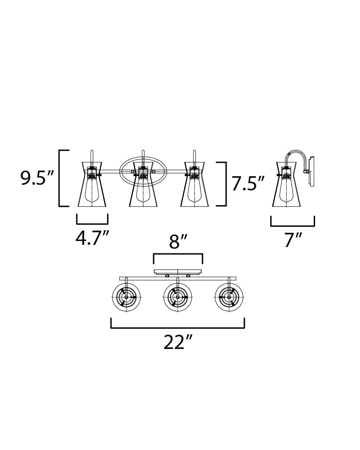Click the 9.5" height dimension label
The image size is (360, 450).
(x=37, y=178)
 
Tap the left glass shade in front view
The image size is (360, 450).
(x=92, y=184)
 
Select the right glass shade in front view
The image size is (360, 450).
(x=195, y=184)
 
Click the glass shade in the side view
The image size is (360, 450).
(x=286, y=184)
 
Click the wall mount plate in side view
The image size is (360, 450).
(x=312, y=171)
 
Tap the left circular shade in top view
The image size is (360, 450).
(x=126, y=297)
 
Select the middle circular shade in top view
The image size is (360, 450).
(x=178, y=297)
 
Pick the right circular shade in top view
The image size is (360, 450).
(x=229, y=297)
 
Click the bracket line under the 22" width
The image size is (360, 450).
(x=177, y=327)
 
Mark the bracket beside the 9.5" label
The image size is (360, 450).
(x=60, y=178)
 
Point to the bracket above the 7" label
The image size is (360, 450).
(x=293, y=226)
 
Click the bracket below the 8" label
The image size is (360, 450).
(x=178, y=254)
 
